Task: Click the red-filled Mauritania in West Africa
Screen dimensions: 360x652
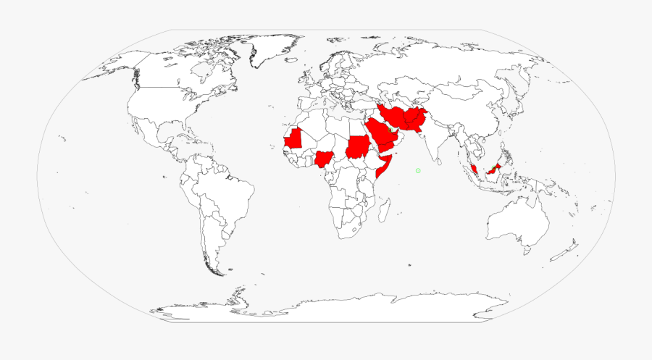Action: (293, 138)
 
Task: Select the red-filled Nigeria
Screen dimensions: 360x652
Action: (324, 159)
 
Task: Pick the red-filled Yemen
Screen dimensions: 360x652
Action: (387, 148)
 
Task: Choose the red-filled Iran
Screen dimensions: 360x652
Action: (395, 117)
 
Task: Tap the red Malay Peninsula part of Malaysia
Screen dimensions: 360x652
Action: (473, 168)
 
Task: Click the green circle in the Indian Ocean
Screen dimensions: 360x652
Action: (418, 170)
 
